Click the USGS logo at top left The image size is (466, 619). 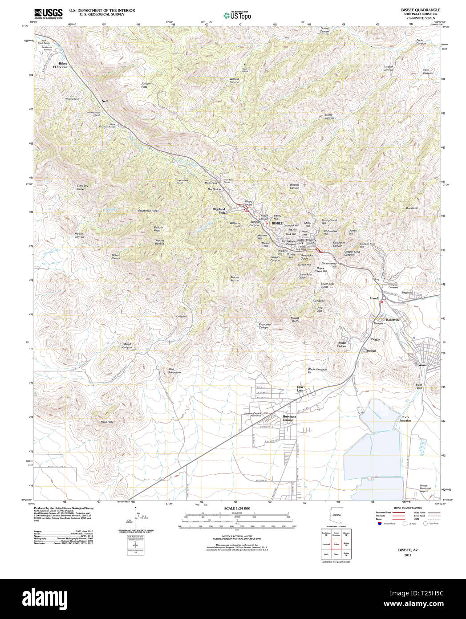point(48,13)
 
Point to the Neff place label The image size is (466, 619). point(105,101)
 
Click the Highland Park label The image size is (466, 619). point(219,211)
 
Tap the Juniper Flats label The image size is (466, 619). point(146,85)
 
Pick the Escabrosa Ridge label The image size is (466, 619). point(148,211)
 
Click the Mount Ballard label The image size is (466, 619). point(159,242)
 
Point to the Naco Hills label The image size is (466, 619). point(107,421)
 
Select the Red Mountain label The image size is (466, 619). point(174,371)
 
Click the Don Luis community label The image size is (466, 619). point(300,389)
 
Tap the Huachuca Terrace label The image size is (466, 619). point(288,418)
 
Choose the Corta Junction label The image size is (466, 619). point(405,419)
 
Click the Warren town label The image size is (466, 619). point(423,365)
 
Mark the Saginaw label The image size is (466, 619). point(407,293)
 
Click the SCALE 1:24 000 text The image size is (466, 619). point(237,509)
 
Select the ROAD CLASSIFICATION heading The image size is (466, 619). point(405,508)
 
